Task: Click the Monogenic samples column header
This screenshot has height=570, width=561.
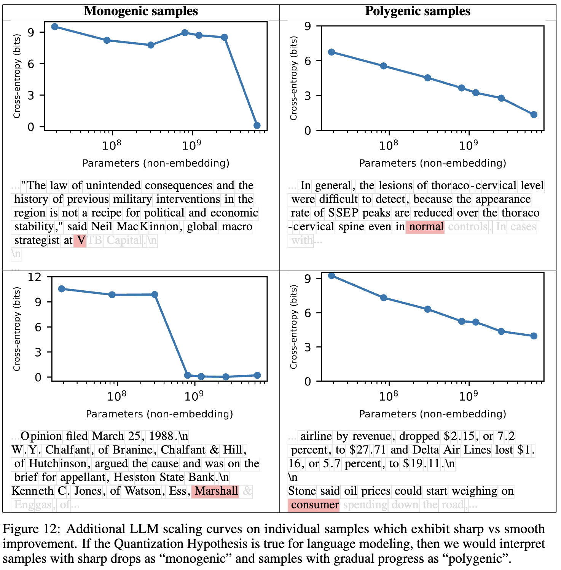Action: [141, 11]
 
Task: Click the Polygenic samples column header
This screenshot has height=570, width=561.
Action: [418, 11]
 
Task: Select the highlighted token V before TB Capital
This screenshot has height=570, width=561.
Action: [80, 240]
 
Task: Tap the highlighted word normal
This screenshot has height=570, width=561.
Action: [426, 226]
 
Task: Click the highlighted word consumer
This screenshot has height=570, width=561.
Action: [314, 505]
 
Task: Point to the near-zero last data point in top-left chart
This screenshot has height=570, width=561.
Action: [257, 126]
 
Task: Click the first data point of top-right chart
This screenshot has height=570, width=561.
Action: [331, 52]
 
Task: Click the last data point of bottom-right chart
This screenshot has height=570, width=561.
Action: [534, 336]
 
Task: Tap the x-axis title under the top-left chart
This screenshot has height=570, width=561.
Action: [156, 163]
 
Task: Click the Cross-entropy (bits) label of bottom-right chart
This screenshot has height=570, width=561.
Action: [293, 328]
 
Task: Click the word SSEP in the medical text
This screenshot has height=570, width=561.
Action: [343, 213]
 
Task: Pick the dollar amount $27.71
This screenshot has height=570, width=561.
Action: [368, 450]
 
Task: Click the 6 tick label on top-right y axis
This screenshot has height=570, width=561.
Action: [308, 61]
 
